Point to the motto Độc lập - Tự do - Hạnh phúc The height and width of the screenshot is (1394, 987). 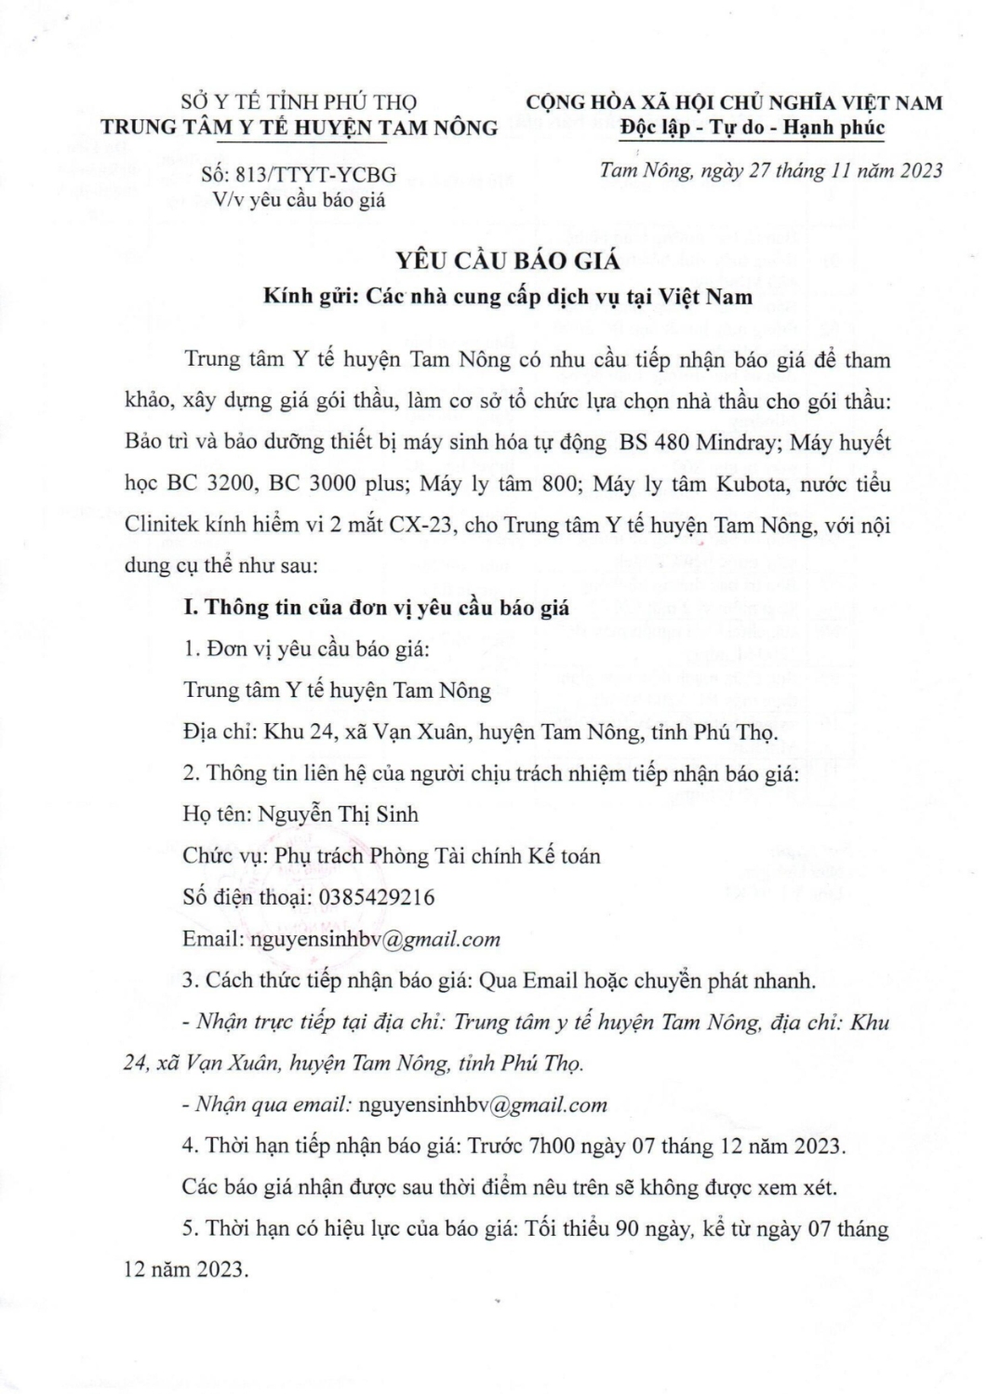coord(754,127)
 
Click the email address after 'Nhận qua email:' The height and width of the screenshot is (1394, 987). coord(482,1105)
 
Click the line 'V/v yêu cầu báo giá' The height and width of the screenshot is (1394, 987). coord(299,199)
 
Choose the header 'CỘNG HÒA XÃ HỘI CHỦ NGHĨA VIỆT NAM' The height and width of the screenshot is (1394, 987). coord(734,102)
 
